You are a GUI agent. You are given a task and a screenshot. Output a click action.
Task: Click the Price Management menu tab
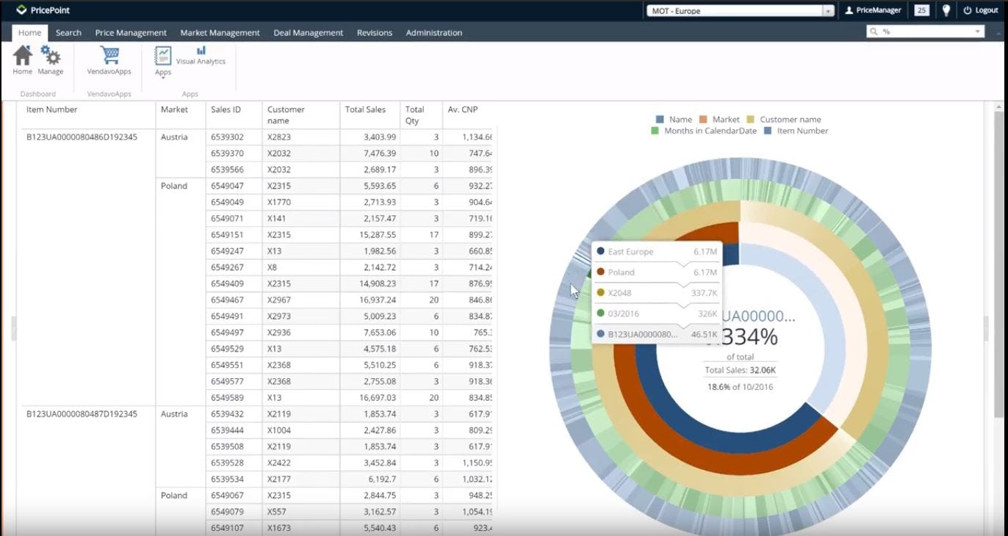pos(131,33)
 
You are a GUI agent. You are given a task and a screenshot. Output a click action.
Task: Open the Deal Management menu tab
pos(308,33)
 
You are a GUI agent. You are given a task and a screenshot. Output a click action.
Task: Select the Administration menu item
pos(433,33)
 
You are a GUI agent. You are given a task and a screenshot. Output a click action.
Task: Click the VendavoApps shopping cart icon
pos(109,56)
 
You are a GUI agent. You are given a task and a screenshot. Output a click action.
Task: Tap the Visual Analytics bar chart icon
pos(201,51)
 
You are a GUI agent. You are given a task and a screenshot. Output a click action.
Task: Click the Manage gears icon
pos(51,56)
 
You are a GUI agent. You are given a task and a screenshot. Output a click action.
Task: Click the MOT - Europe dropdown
pos(740,11)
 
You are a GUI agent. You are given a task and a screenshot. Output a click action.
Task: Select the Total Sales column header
pos(365,110)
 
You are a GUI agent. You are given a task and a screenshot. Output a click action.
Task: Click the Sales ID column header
pos(226,110)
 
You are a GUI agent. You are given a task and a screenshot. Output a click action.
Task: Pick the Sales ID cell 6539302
pos(227,137)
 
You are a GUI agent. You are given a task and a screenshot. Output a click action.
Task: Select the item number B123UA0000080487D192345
pos(82,414)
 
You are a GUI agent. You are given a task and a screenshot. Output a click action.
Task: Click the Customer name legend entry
pos(790,120)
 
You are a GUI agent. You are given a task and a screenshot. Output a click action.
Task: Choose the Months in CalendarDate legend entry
pos(709,131)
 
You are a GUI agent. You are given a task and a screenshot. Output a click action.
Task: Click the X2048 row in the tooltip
pos(657,293)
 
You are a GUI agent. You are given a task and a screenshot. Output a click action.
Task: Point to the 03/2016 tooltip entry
pos(657,314)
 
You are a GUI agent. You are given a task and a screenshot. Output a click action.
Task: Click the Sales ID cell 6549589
pos(227,397)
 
